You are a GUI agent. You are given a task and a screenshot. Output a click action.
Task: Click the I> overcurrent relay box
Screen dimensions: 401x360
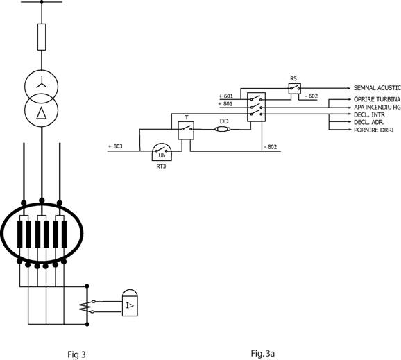pyautogui.click(x=130, y=303)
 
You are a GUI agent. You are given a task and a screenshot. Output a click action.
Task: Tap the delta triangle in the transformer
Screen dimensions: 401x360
pyautogui.click(x=41, y=113)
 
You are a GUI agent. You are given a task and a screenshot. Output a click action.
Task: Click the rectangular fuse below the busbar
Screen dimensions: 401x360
pyautogui.click(x=42, y=37)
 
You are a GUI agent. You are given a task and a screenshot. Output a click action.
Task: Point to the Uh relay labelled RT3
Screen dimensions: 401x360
pyautogui.click(x=162, y=152)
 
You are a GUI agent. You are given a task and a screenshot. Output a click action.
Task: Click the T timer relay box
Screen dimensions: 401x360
pyautogui.click(x=186, y=130)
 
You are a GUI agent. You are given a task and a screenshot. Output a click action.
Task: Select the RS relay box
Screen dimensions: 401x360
pyautogui.click(x=295, y=89)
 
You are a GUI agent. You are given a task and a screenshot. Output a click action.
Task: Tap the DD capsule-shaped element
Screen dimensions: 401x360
pyautogui.click(x=222, y=130)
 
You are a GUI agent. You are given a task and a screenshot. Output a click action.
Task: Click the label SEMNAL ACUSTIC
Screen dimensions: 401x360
pyautogui.click(x=377, y=88)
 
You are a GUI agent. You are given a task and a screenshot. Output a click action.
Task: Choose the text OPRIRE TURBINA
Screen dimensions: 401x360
pyautogui.click(x=377, y=99)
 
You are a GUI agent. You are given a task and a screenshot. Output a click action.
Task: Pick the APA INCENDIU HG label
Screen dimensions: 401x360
pyautogui.click(x=377, y=107)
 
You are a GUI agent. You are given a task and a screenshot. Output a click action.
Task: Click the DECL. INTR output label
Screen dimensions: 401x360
pyautogui.click(x=369, y=115)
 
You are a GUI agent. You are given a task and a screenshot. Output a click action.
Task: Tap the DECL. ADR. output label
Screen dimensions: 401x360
pyautogui.click(x=369, y=122)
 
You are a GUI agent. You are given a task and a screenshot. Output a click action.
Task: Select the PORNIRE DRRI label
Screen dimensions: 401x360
pyautogui.click(x=374, y=130)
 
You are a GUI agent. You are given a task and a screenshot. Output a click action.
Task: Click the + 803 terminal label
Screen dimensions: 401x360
pyautogui.click(x=115, y=146)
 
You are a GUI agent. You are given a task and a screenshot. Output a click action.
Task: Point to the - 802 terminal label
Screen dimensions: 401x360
pyautogui.click(x=271, y=147)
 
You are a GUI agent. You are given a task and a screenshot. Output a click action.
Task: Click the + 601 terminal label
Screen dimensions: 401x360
pyautogui.click(x=225, y=96)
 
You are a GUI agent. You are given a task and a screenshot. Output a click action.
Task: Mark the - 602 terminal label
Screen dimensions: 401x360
pyautogui.click(x=312, y=96)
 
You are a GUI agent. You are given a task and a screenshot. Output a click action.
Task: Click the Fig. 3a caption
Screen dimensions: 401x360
pyautogui.click(x=263, y=354)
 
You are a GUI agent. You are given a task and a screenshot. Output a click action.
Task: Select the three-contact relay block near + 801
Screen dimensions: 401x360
pyautogui.click(x=256, y=107)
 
